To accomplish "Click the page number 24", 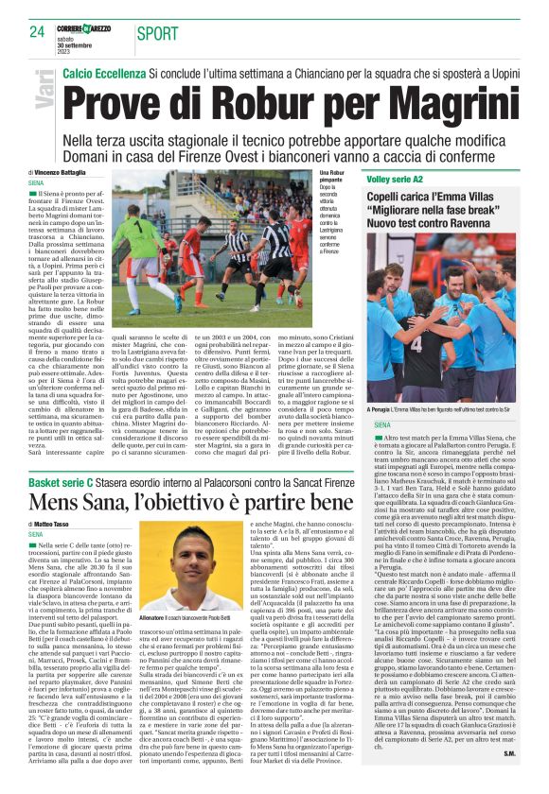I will coord(37,32).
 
